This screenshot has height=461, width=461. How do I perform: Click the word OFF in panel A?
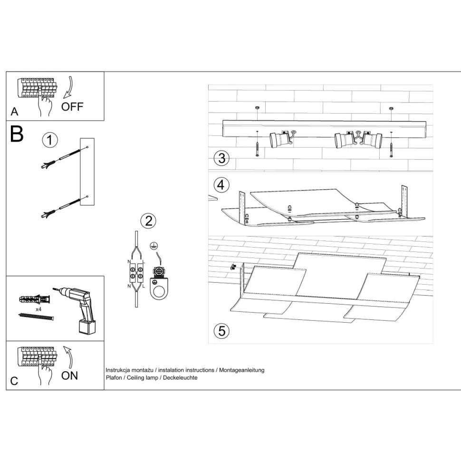tap(72, 106)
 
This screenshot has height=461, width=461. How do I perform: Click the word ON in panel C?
tap(70, 375)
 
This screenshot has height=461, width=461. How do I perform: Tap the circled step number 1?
tap(50, 140)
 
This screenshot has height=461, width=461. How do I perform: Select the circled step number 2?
tap(148, 221)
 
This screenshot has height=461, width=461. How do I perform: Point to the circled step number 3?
tap(221, 158)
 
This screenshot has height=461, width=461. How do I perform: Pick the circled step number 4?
tap(221, 185)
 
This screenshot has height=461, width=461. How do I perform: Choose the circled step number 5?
tap(221, 331)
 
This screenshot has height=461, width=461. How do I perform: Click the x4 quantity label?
tap(38, 309)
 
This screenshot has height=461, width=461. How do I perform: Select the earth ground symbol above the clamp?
tap(154, 246)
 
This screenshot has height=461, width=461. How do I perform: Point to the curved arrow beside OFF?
tap(69, 87)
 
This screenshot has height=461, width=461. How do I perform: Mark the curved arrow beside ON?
tap(68, 357)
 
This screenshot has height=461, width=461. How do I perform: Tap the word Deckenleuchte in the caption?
tap(180, 378)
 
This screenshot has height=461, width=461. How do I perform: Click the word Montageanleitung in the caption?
tap(242, 370)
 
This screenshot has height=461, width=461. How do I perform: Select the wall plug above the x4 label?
tap(35, 299)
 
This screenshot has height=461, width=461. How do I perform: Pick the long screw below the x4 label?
tap(37, 317)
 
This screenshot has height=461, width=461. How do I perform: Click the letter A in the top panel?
tap(14, 112)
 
